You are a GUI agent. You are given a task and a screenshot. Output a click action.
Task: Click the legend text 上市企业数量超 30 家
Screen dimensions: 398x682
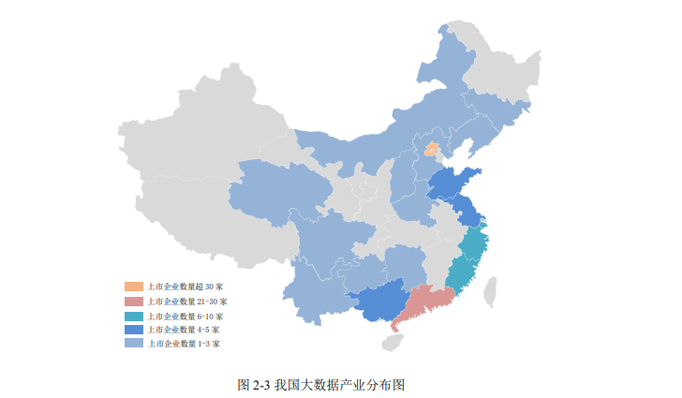(x=185, y=287)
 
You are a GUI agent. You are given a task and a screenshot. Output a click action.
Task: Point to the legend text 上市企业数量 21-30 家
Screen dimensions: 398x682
(x=187, y=301)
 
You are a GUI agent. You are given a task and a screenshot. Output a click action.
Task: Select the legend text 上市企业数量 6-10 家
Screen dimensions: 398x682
(x=185, y=316)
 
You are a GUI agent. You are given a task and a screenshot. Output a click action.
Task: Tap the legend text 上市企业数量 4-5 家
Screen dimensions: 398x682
(x=184, y=330)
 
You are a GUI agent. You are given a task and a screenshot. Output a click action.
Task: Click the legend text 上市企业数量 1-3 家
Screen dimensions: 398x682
(x=184, y=344)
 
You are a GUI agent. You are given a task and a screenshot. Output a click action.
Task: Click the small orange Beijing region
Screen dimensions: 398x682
(x=432, y=149)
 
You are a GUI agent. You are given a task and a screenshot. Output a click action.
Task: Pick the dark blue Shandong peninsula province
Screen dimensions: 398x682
(x=454, y=183)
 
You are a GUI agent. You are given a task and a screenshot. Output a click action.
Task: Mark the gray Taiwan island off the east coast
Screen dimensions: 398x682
(x=489, y=291)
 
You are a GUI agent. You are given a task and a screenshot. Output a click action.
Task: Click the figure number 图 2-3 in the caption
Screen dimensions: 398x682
(x=255, y=384)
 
